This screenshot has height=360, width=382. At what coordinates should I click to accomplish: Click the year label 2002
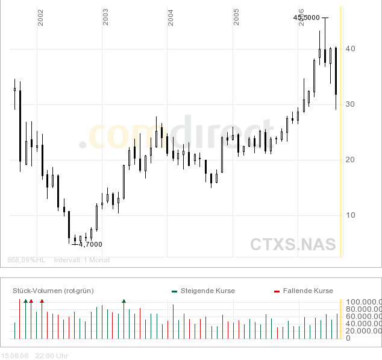tap(40, 18)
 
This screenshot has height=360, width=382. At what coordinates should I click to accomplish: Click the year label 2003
tap(105, 17)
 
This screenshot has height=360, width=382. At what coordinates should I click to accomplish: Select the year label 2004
tap(171, 17)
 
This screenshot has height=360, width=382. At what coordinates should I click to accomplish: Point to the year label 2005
tap(237, 17)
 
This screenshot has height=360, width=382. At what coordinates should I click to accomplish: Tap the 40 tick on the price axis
tap(350, 49)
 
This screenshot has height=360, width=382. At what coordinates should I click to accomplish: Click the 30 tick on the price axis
tap(350, 104)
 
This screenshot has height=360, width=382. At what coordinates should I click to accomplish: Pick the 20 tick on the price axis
tap(350, 160)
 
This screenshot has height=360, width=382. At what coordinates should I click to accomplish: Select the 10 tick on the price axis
tap(350, 215)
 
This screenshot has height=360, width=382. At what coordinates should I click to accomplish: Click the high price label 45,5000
tap(307, 18)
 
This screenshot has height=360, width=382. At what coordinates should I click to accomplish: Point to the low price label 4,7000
tap(90, 244)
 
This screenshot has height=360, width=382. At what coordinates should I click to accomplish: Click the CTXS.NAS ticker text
tap(293, 244)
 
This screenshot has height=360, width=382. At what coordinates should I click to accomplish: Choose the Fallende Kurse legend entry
tap(307, 291)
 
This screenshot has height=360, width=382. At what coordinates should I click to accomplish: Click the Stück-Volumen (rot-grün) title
tap(53, 291)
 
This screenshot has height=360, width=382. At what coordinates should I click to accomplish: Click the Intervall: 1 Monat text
tap(82, 261)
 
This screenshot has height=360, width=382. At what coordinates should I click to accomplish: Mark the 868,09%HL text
tap(27, 261)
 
